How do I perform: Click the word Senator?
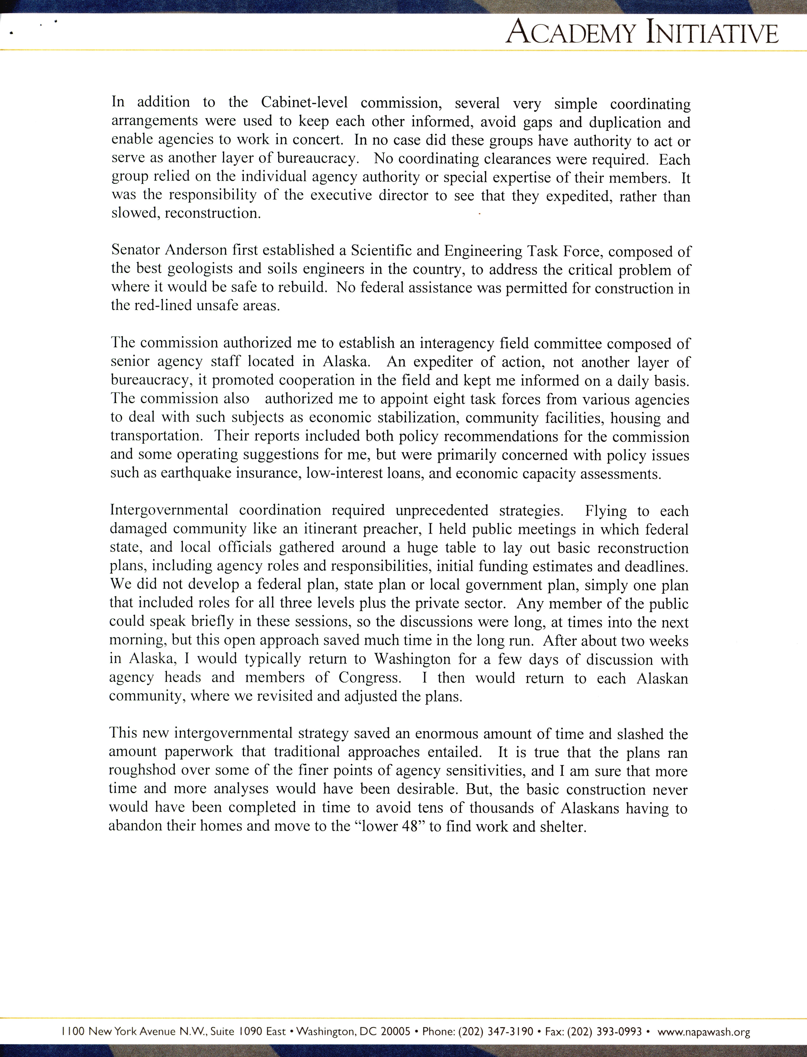pyautogui.click(x=135, y=250)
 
